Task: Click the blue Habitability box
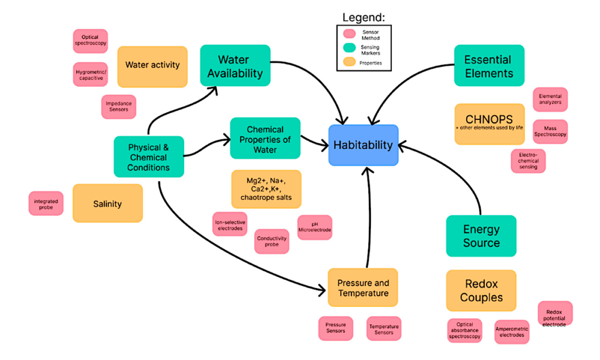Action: point(363,145)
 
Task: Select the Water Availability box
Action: point(235,65)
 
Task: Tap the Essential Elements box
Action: point(488,66)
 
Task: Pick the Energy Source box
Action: point(481,236)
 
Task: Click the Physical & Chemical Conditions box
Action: point(149,157)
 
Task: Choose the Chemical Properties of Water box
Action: point(265,139)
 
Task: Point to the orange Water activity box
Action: point(152,66)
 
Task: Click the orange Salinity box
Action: point(107,203)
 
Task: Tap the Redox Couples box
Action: point(481,290)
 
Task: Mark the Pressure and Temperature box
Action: point(363,288)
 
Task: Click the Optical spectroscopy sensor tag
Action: point(91,41)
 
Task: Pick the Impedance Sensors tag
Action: point(118,107)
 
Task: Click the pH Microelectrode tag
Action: point(314,227)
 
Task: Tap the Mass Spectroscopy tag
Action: point(550,132)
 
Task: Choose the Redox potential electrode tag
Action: point(555,314)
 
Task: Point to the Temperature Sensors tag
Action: point(384,329)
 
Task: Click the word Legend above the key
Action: point(364,17)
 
